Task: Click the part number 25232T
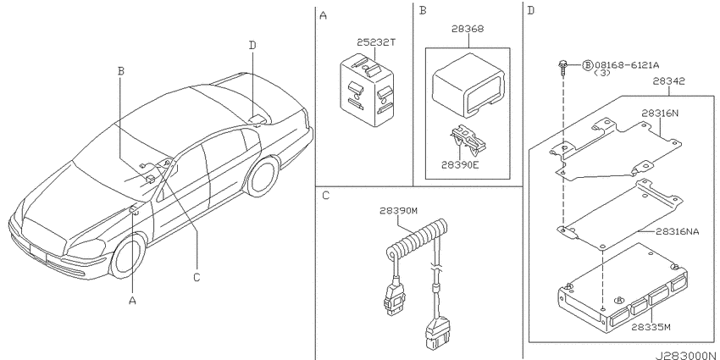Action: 376,42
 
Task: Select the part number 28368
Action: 468,29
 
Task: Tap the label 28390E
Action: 460,164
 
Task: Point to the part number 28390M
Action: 398,211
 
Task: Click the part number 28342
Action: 668,81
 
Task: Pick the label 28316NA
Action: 678,232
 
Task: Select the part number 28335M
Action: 651,328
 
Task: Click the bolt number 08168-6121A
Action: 623,65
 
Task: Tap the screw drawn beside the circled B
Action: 562,68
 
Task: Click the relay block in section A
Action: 367,90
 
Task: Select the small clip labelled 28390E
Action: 468,140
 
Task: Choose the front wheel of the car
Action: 128,258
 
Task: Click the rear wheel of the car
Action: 263,177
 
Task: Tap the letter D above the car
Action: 252,46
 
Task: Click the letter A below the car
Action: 132,301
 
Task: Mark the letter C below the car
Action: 197,277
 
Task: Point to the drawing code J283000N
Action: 685,356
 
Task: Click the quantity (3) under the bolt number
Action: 602,73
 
